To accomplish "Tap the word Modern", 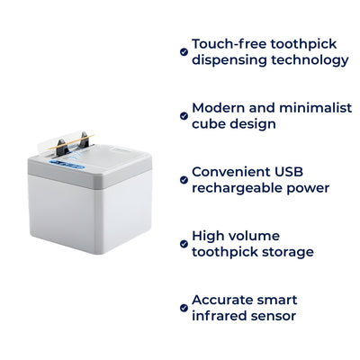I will tap(220, 106).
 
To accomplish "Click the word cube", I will tap(208, 123).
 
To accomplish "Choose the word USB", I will tap(305, 171).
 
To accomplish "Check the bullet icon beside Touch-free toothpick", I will tap(184, 52).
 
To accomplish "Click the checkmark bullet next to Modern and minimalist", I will tap(184, 115).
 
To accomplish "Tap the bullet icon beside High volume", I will tap(184, 244).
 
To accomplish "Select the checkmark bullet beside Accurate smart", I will tap(184, 308).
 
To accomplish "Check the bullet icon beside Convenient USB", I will tap(184, 180).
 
